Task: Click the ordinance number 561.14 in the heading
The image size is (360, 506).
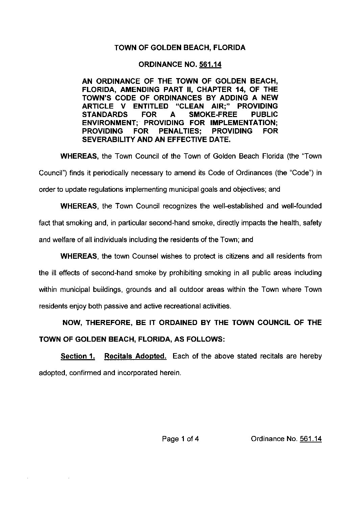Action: pyautogui.click(x=210, y=64)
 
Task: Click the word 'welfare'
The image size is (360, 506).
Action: pyautogui.click(x=63, y=240)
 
